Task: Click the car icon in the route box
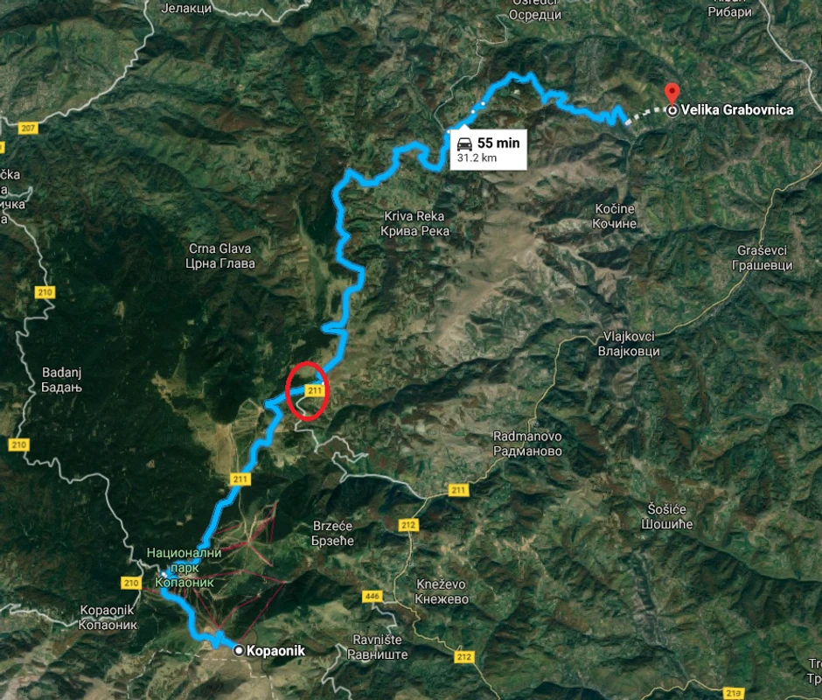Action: coord(463,143)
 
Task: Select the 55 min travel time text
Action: coord(498,143)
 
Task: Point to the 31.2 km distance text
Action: coord(477,159)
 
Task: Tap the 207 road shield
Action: coord(26,129)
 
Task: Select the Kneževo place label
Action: coord(442,592)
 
